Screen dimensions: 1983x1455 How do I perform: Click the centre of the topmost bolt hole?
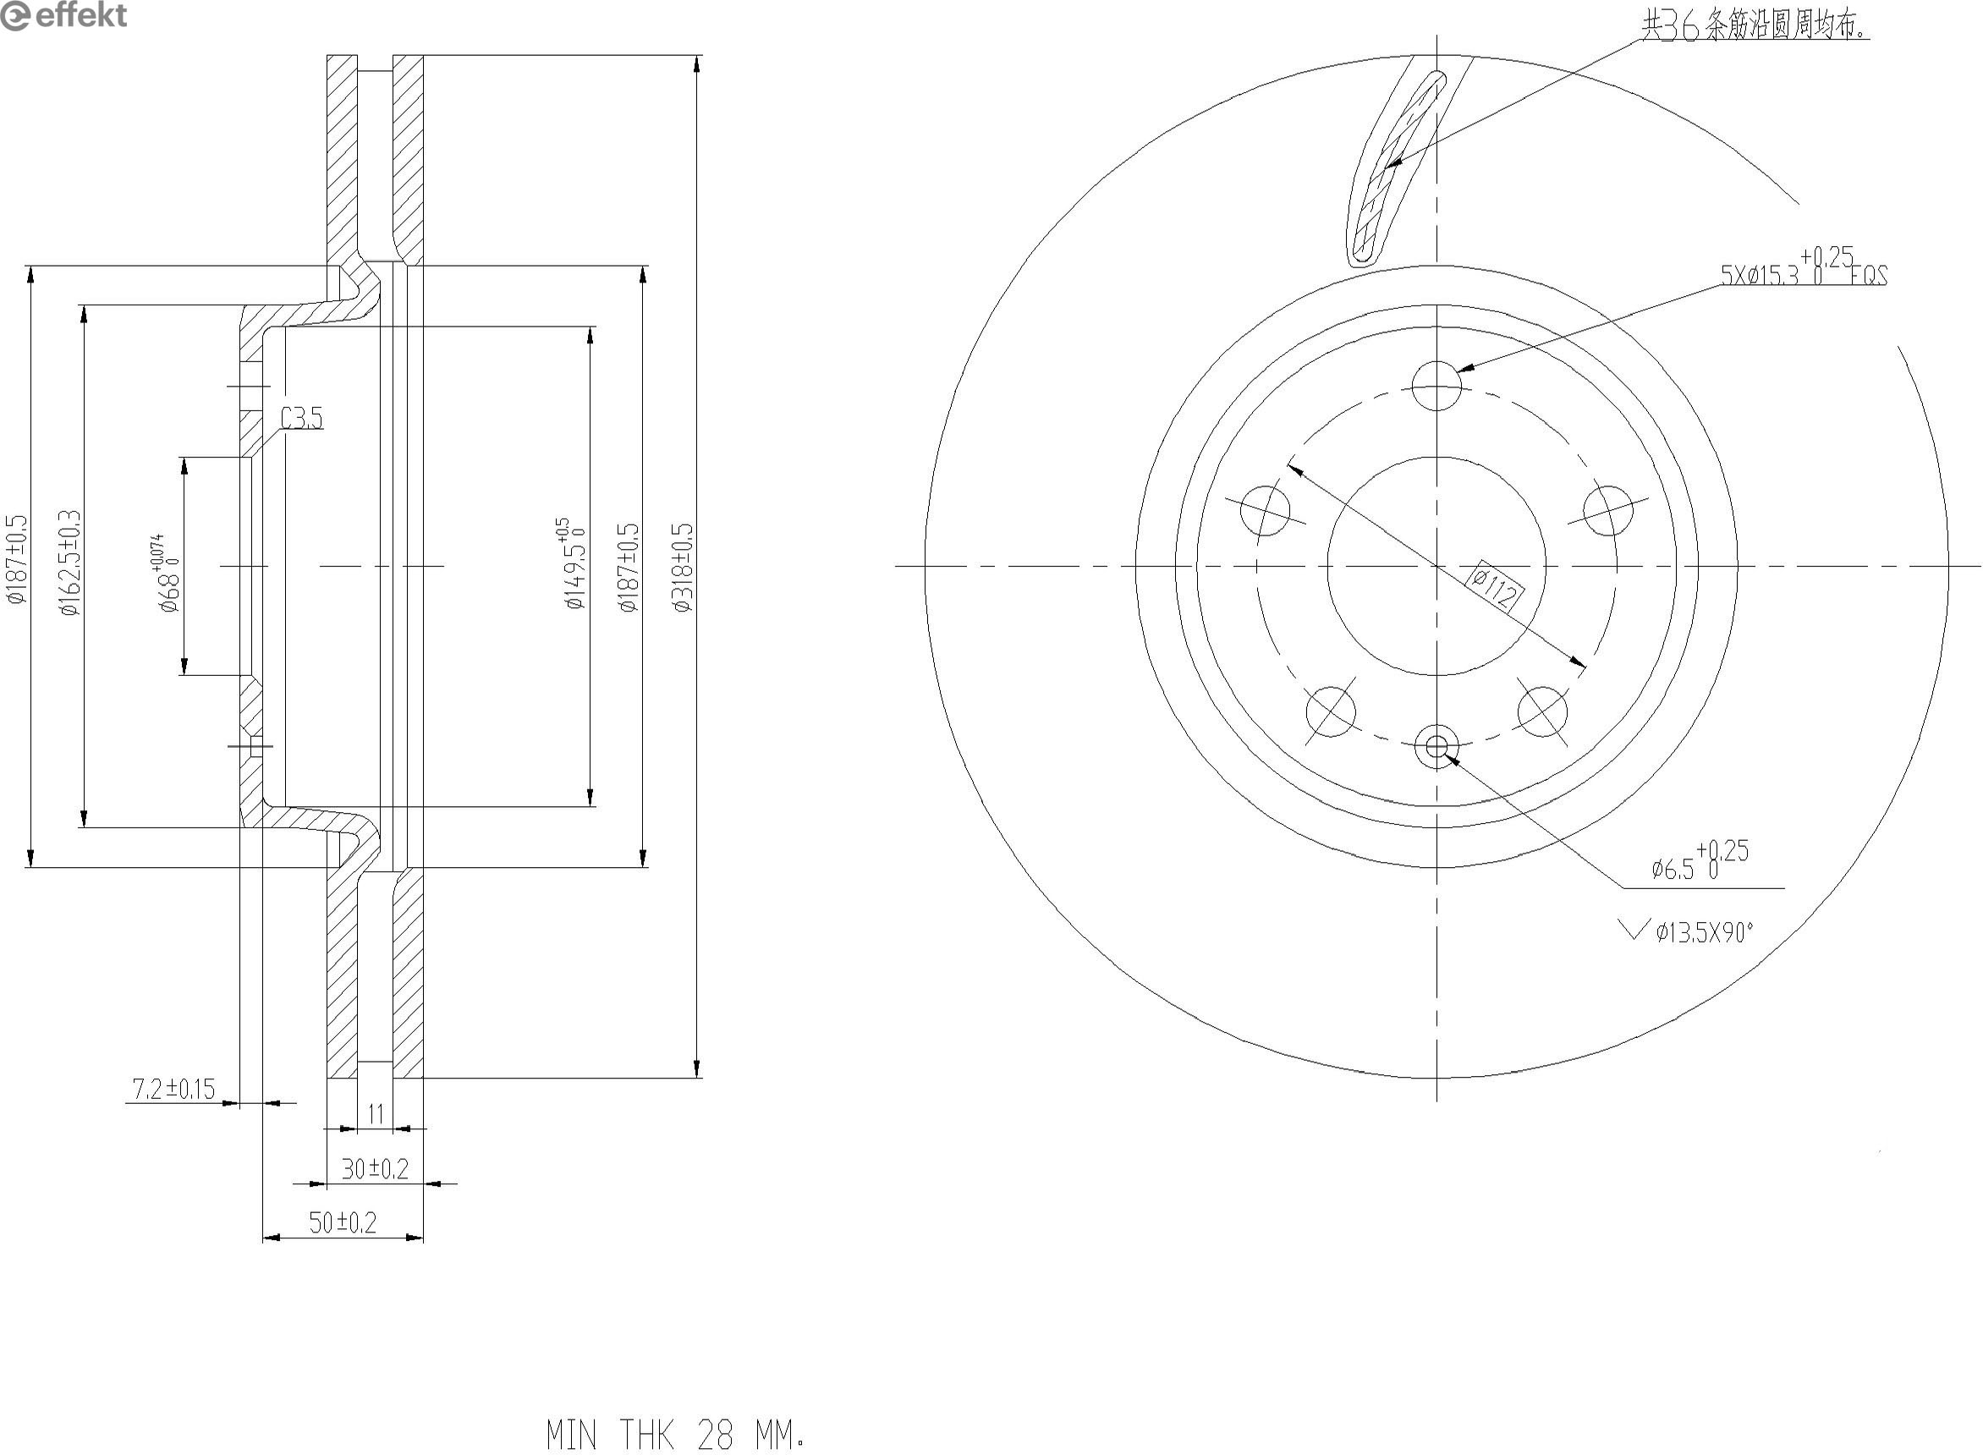point(1436,386)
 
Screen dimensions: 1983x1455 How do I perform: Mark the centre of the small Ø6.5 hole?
point(1436,746)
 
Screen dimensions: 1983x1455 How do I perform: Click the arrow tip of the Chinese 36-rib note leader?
point(1385,167)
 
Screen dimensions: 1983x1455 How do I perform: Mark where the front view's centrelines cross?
point(1436,565)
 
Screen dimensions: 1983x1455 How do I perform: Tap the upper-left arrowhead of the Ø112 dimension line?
point(1288,464)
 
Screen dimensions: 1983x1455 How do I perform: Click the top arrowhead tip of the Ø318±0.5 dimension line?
point(697,56)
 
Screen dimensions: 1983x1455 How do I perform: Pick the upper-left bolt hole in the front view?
point(1266,510)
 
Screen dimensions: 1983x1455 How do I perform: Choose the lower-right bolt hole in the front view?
point(1543,711)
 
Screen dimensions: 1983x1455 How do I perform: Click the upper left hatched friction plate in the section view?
point(343,158)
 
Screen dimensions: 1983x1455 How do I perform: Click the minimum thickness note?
point(674,1434)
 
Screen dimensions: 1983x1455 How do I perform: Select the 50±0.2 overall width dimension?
point(343,1222)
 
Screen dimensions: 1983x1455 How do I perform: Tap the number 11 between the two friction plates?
point(376,1114)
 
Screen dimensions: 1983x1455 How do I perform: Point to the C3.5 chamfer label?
point(302,418)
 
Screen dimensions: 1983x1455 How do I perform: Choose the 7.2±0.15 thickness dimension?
point(173,1090)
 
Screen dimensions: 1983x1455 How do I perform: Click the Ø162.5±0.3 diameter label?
point(70,562)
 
